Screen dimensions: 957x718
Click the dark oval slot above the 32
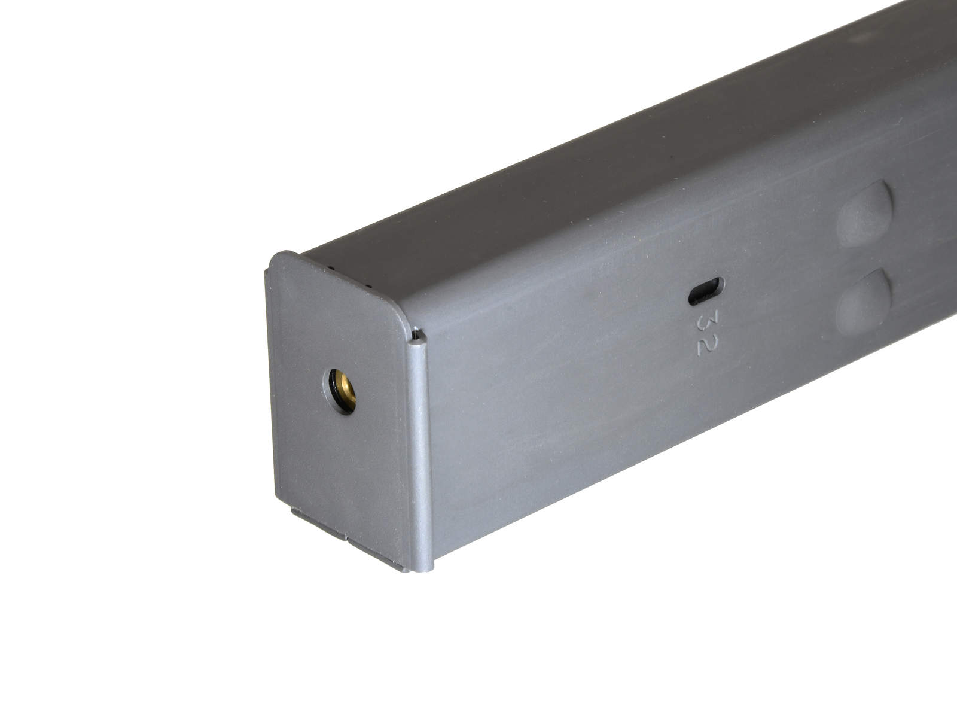[706, 291]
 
